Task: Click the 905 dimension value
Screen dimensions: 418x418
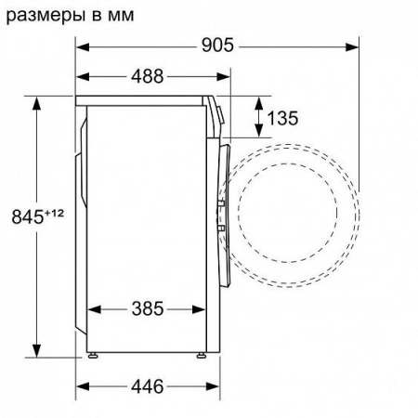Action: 217,46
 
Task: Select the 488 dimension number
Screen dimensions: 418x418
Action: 147,76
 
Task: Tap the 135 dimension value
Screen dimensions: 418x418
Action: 282,118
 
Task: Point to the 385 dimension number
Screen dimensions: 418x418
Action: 148,308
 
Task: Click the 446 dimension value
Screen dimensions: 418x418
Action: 147,386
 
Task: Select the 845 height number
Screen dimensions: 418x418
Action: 28,216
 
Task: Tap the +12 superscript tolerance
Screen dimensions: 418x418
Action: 55,214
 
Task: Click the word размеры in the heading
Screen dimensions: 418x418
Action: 47,16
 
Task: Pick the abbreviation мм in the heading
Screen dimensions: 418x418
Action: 121,16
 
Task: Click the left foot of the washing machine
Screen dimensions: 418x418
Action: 93,355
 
